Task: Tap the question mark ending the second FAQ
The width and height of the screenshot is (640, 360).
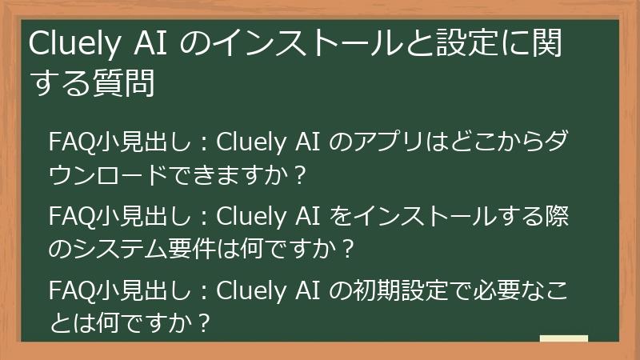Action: pyautogui.click(x=346, y=249)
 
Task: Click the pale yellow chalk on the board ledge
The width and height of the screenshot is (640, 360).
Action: pyautogui.click(x=563, y=338)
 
